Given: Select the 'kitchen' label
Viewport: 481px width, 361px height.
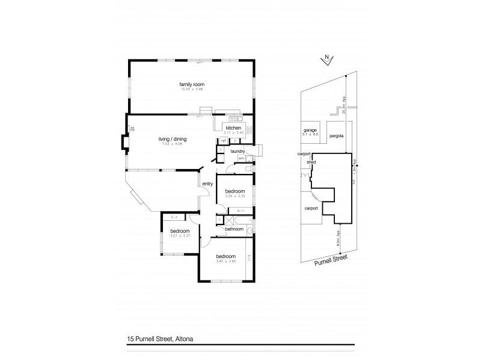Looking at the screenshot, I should (x=233, y=128).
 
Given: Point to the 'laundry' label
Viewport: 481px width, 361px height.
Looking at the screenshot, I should (x=237, y=152).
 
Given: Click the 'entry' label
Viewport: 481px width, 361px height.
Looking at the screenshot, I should (x=207, y=184).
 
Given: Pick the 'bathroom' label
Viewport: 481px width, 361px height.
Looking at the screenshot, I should (x=233, y=229).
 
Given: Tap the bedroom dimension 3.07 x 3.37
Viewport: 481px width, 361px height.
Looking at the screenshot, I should (x=179, y=236).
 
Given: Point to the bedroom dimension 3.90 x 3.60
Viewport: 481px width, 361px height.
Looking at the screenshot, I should (x=226, y=260).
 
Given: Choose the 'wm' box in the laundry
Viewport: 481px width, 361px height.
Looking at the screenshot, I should (x=241, y=158).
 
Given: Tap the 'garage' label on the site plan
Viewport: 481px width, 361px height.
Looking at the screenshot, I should (x=310, y=130).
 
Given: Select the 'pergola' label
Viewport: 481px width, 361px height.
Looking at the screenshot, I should (x=337, y=136).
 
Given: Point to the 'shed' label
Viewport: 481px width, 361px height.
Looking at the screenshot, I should (x=311, y=162).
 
